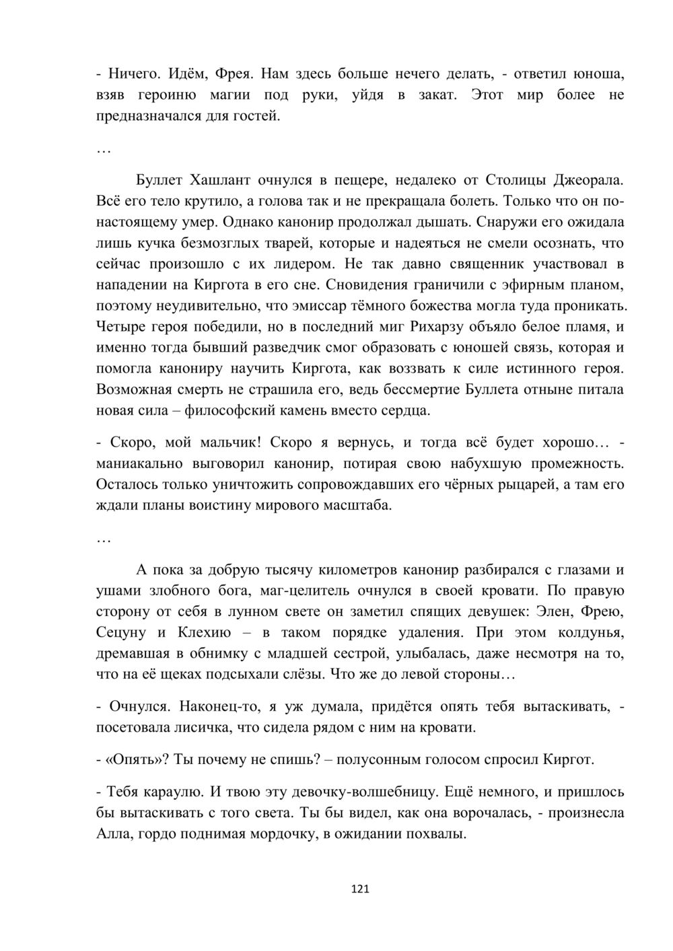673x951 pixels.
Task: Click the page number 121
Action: tap(361, 889)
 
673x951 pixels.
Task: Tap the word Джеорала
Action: tap(588, 180)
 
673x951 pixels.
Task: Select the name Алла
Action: tap(112, 834)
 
